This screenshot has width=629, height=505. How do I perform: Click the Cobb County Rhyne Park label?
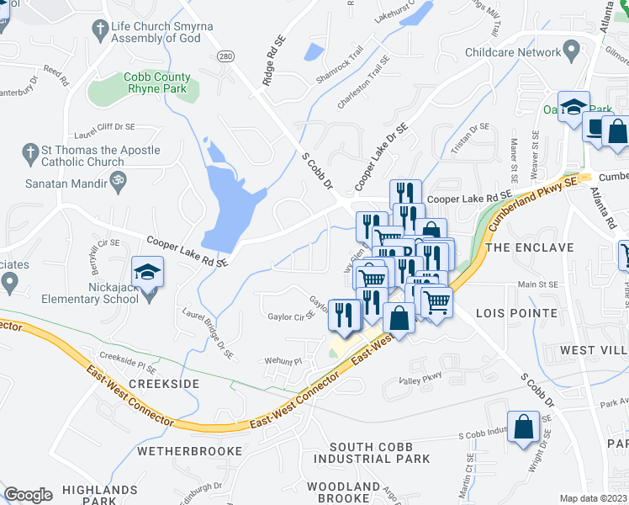[x=157, y=82]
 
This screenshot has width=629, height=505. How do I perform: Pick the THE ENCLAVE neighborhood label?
[x=530, y=247]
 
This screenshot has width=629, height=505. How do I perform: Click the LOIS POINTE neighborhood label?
[x=516, y=313]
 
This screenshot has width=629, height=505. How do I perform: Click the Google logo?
[x=28, y=495]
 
